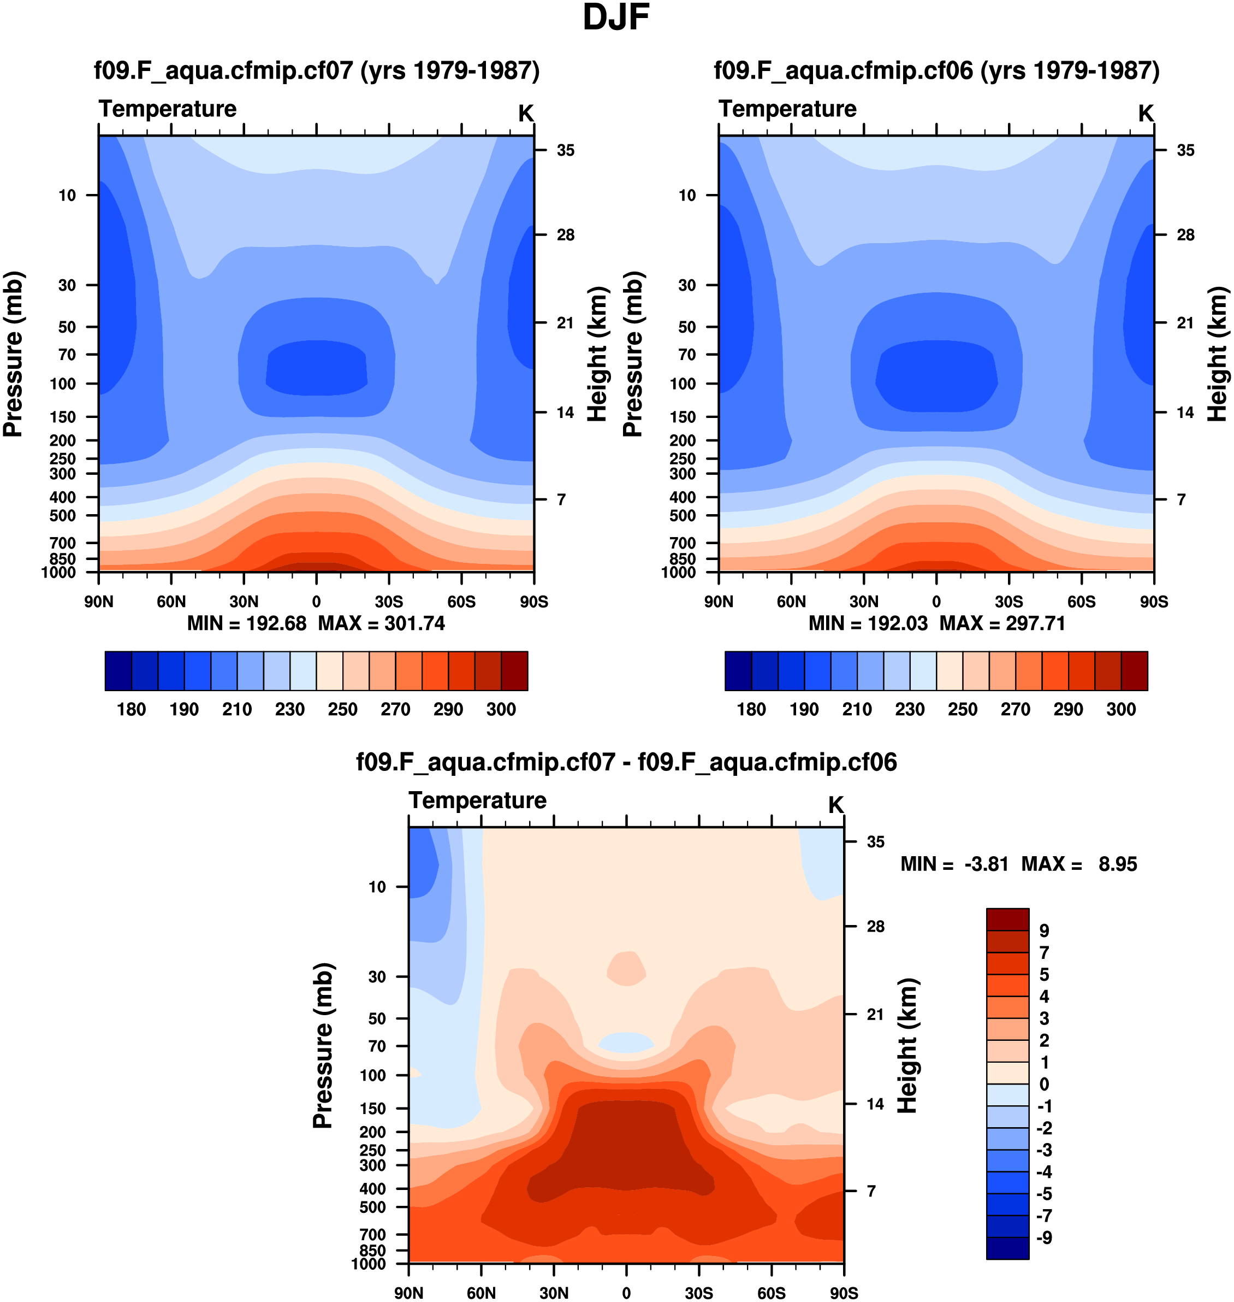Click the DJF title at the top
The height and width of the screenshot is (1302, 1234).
(616, 19)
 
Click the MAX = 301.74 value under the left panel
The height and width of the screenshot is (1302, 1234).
(382, 623)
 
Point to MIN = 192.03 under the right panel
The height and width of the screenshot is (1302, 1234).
(868, 623)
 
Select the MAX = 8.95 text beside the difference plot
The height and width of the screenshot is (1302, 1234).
(1079, 864)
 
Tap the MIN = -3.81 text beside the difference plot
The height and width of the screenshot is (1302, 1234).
(954, 864)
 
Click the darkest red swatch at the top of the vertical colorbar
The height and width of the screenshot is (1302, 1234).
(1007, 919)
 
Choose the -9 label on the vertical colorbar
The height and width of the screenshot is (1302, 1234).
(1044, 1238)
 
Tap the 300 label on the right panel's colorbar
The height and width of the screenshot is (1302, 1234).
(1121, 709)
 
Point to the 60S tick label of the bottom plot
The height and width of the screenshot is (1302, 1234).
(771, 1293)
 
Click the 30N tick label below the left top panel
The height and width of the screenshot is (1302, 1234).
(244, 602)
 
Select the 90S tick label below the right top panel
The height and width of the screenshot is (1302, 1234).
(1154, 602)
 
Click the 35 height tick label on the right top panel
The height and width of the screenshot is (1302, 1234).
(1185, 151)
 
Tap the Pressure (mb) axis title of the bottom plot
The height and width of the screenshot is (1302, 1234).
(323, 1045)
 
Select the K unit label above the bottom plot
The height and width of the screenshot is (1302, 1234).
(835, 805)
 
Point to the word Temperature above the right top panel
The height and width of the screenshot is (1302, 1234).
(787, 109)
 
